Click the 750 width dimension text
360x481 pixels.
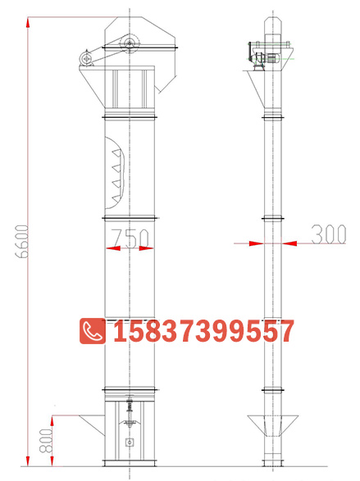[130, 238]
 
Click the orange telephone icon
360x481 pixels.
[91, 331]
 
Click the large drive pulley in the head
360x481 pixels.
[129, 43]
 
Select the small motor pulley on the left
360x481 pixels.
[87, 57]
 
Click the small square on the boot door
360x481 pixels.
[130, 443]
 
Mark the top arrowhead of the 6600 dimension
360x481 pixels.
[31, 17]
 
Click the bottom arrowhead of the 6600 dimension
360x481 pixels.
[31, 465]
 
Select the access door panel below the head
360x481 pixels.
[130, 89]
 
